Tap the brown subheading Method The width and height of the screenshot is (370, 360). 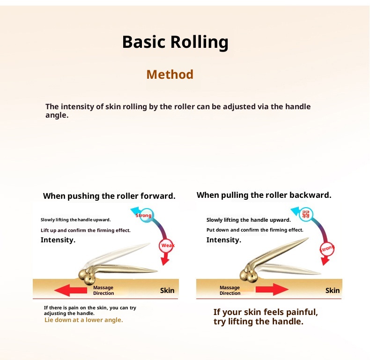point(170,75)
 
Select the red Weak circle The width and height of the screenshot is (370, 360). point(167,245)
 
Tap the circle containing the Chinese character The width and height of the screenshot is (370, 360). point(306,215)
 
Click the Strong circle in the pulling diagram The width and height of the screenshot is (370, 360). point(327,248)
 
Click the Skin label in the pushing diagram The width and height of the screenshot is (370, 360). point(167,290)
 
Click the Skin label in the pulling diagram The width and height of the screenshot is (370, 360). point(333,290)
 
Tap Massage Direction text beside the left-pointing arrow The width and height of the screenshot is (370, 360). point(104,290)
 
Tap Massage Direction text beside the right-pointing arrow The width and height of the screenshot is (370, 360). point(230,290)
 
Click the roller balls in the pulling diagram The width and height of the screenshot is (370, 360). point(247,275)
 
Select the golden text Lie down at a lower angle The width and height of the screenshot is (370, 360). point(84,320)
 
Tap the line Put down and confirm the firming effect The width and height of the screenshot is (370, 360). point(255,230)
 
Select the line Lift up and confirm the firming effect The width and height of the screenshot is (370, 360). point(85,230)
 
